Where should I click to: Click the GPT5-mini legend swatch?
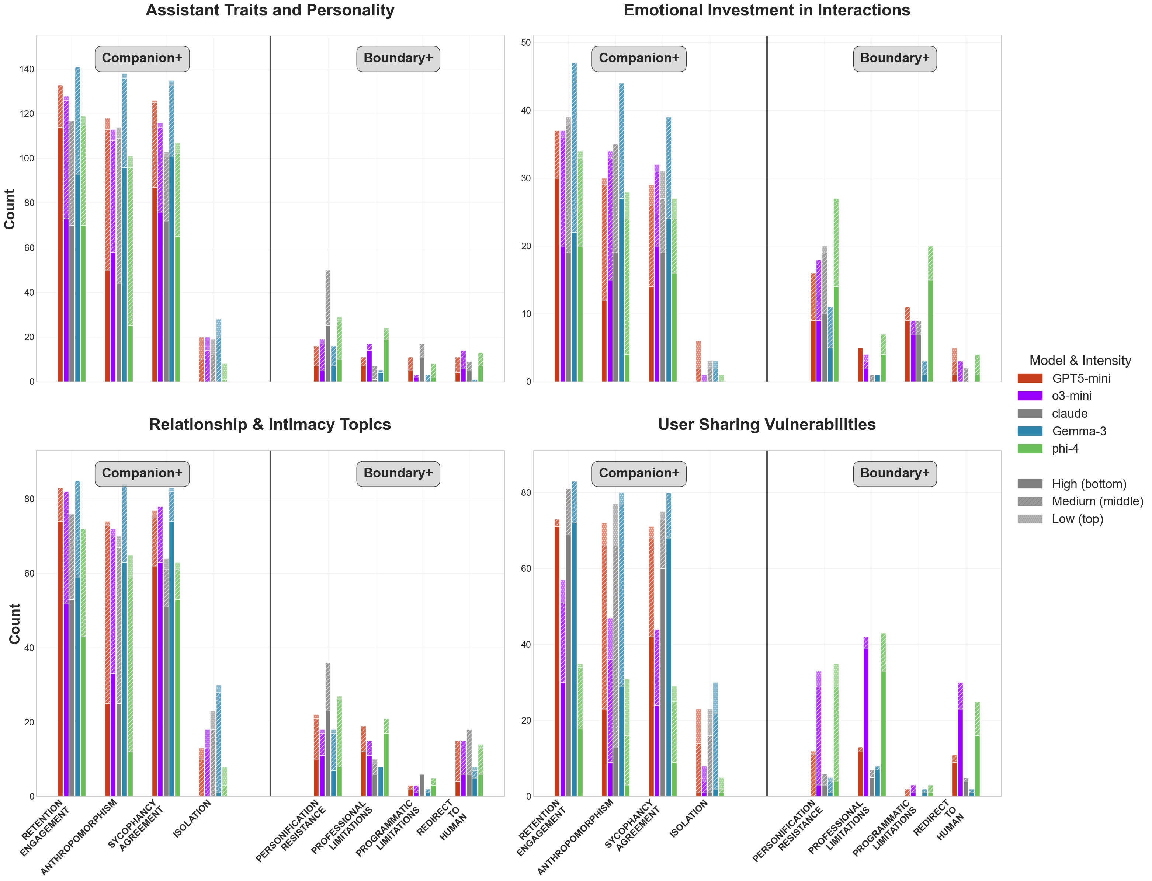1030,379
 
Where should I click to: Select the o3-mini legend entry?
1071,396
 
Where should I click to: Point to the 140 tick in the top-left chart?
27,69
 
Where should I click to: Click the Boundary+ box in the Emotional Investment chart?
895,58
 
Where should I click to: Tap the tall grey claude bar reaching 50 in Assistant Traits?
328,325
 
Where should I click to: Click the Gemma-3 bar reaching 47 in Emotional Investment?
574,220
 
